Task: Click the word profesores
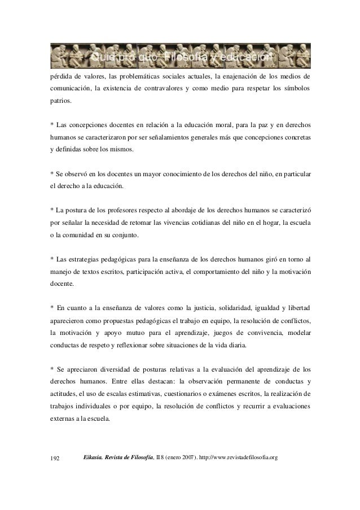click(x=115, y=210)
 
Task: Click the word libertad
click(x=297, y=308)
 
